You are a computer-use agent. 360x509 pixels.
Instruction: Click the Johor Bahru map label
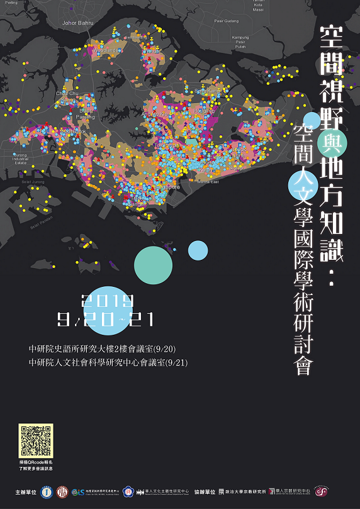(78, 23)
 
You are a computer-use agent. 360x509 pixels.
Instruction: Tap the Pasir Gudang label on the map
(228, 21)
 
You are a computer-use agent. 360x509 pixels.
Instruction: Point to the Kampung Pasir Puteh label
(240, 42)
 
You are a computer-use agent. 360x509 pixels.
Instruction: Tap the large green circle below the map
(153, 265)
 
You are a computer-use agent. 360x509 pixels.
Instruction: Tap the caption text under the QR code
(36, 466)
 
